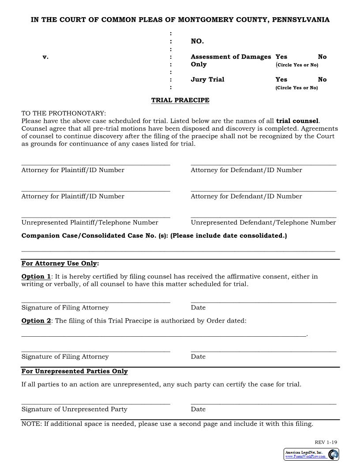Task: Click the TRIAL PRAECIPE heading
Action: click(x=180, y=100)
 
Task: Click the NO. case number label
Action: click(x=197, y=41)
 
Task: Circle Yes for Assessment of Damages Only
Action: click(x=281, y=56)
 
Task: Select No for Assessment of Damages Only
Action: click(x=322, y=56)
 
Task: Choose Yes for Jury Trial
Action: click(x=281, y=79)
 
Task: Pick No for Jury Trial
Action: click(x=322, y=79)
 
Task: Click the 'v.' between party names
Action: click(x=45, y=56)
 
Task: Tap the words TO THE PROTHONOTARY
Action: click(x=64, y=113)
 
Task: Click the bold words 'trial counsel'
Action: click(x=297, y=121)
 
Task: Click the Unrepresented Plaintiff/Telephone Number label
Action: click(x=90, y=222)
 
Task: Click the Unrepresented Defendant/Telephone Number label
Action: click(x=263, y=222)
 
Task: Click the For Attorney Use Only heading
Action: click(x=60, y=263)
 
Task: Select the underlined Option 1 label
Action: click(x=36, y=277)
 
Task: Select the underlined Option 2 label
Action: click(x=36, y=321)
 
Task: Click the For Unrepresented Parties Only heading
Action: click(x=75, y=371)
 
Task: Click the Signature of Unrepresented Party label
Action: click(x=74, y=409)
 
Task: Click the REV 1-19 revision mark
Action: click(x=326, y=442)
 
